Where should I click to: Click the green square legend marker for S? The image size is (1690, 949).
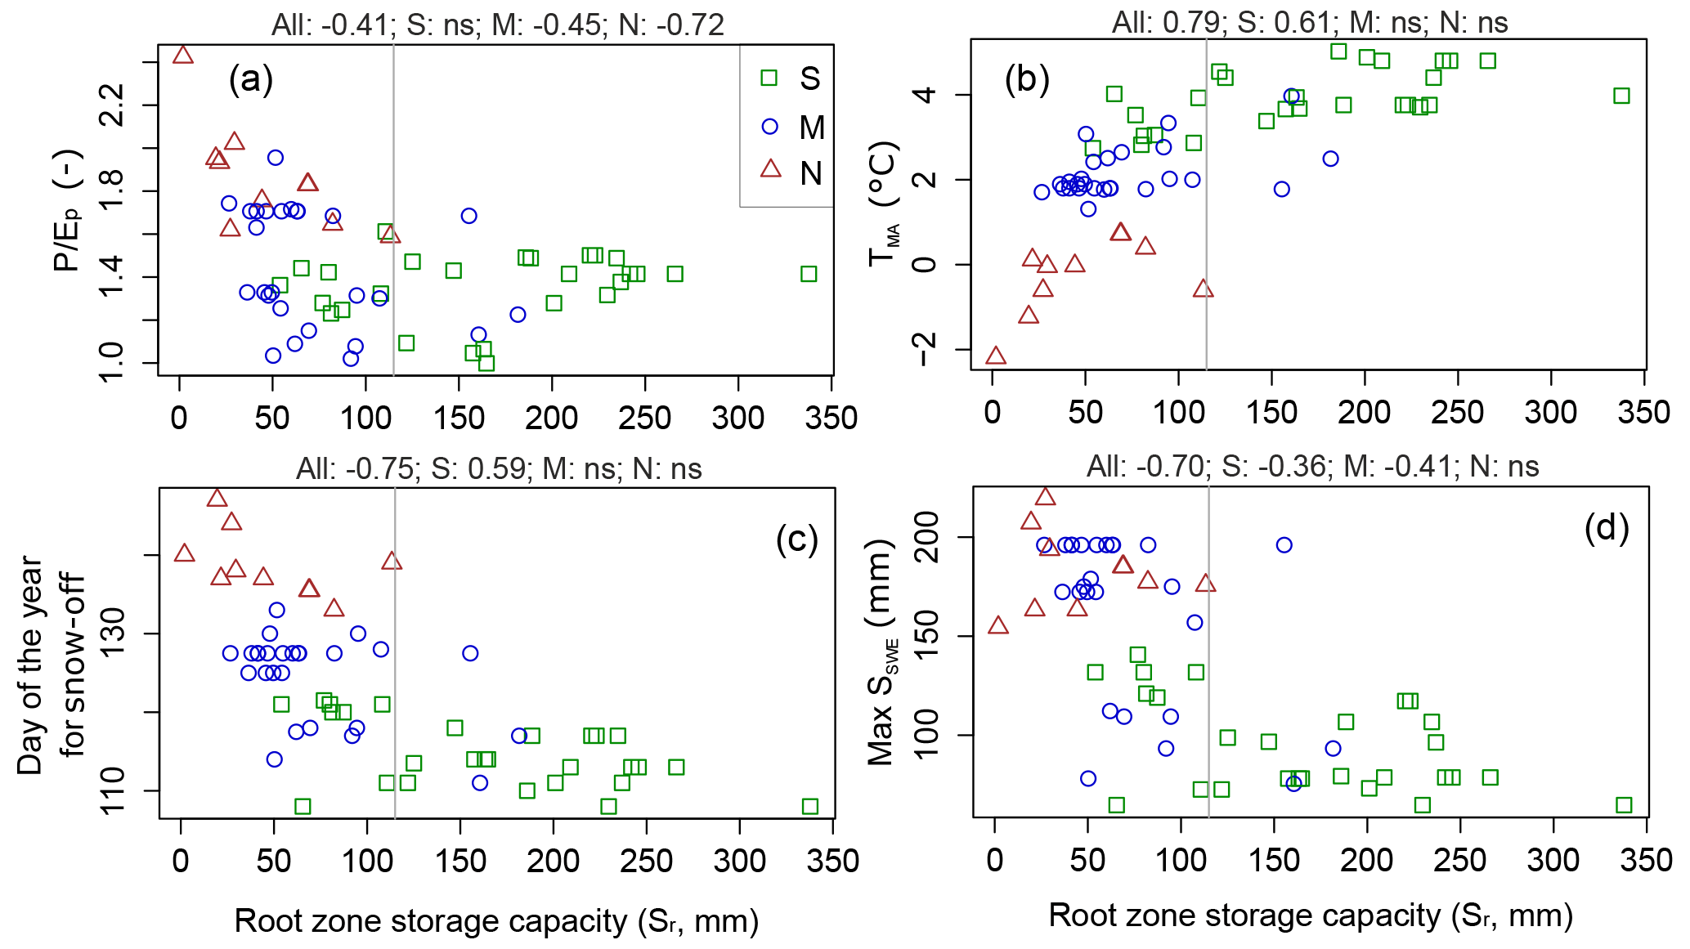point(769,78)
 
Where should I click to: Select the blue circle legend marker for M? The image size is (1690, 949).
point(769,127)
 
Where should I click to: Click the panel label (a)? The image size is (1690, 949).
point(251,79)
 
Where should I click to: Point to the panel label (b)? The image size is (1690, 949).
point(1027,79)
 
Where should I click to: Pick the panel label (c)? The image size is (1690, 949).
point(796,539)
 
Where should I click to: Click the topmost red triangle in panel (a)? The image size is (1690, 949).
point(183,55)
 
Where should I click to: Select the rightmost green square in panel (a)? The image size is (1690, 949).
point(809,274)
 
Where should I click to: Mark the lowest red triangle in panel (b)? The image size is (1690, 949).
point(995,356)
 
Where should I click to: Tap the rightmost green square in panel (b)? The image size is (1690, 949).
point(1621,96)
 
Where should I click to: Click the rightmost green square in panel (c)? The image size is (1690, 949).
point(809,807)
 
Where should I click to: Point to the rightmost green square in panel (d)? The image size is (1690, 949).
point(1624,805)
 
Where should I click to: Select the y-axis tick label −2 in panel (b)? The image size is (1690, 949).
point(926,349)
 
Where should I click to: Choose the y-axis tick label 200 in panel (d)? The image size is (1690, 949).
point(926,537)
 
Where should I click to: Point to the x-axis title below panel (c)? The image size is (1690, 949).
point(496,921)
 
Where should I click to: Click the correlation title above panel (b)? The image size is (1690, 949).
point(1310,22)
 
